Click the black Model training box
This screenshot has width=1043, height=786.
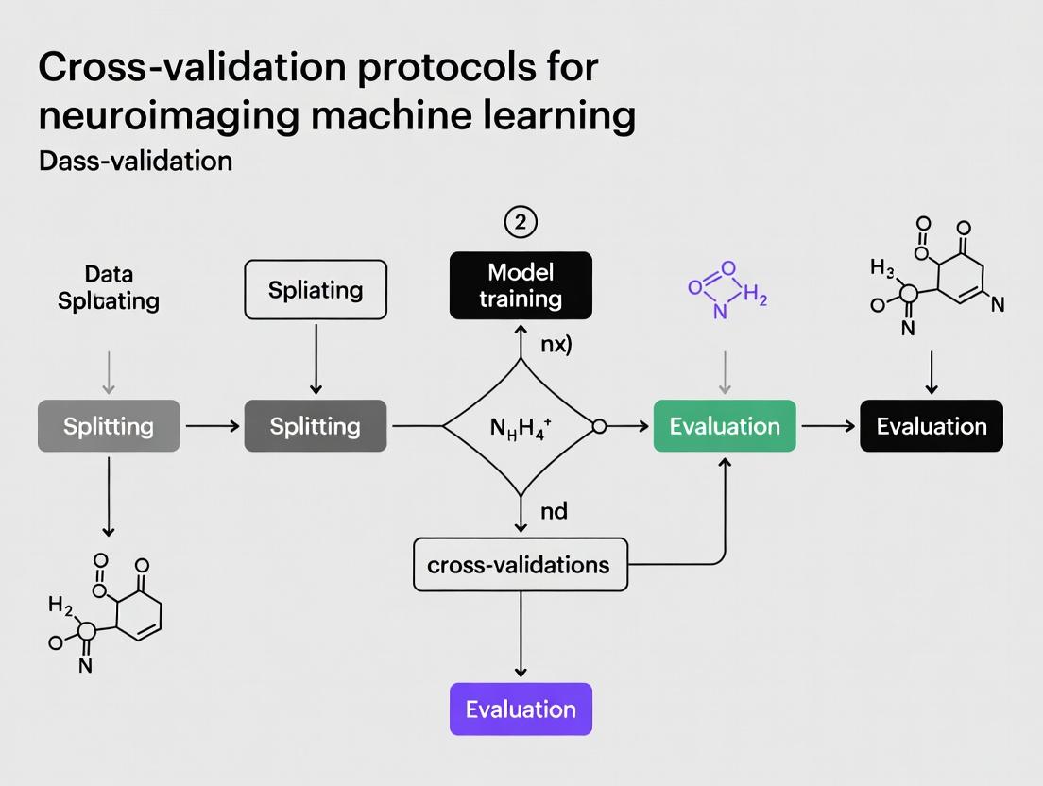coord(521,285)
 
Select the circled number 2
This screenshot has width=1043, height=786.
coord(521,222)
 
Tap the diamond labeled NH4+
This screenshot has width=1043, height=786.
coord(521,426)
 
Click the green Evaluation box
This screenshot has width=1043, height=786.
coord(725,426)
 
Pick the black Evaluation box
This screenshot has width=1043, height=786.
coord(931,426)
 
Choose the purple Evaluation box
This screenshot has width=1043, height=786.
coord(521,709)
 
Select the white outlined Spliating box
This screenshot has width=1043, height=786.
coord(316,289)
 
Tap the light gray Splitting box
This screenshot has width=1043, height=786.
coord(109,426)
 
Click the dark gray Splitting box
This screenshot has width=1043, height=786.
coord(316,426)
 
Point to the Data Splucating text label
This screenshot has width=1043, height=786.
coord(109,288)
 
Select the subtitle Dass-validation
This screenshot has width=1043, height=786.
coord(136,161)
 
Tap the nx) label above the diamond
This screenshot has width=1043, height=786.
coord(556,345)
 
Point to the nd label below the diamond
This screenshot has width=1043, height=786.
coord(554,511)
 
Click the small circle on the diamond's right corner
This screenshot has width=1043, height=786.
coord(598,426)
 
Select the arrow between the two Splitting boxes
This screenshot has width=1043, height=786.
coord(213,426)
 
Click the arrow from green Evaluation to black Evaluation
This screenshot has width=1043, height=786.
coord(828,426)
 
